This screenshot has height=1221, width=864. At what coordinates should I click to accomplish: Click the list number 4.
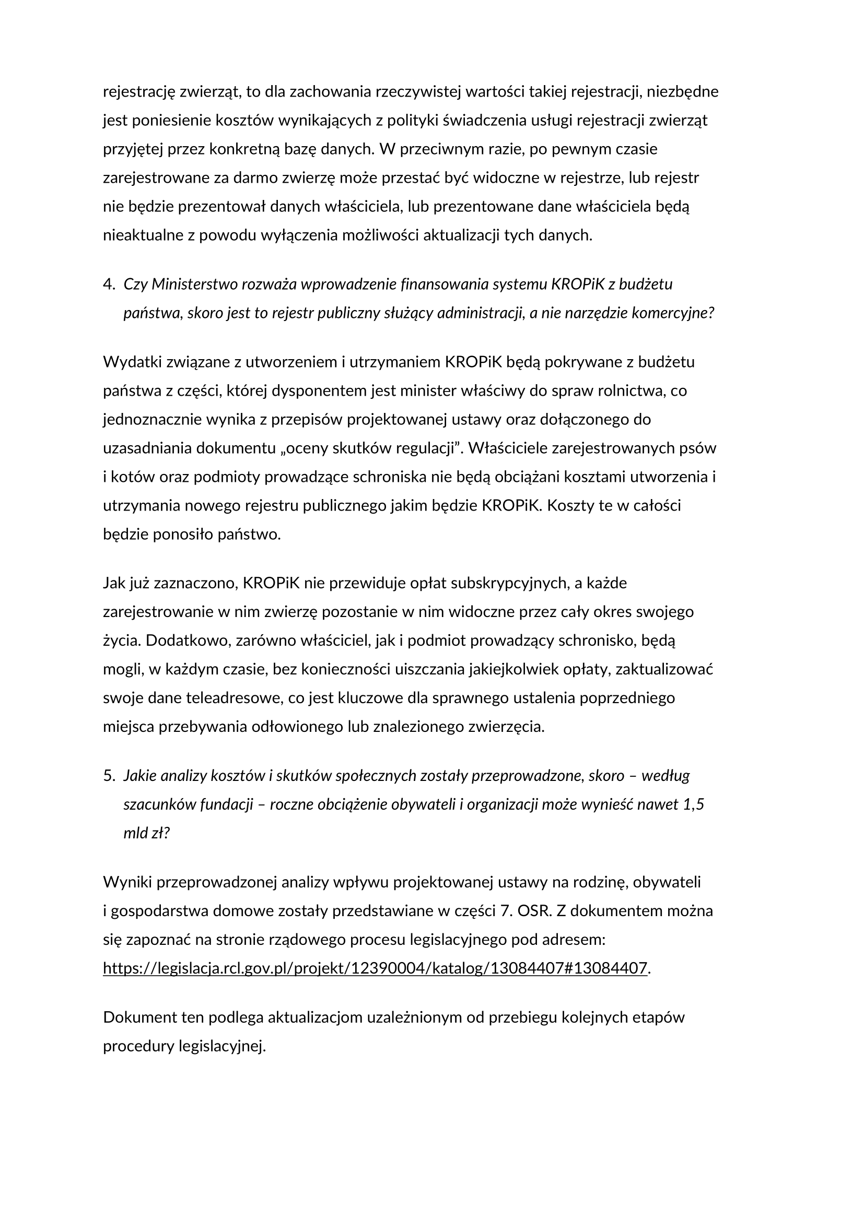(x=108, y=284)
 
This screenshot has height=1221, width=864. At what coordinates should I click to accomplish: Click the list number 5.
(x=108, y=776)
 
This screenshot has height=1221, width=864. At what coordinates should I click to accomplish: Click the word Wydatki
(x=133, y=362)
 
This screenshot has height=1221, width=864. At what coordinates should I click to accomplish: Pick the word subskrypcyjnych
(x=506, y=584)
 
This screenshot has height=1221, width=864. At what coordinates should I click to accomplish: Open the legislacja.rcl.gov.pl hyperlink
(x=375, y=968)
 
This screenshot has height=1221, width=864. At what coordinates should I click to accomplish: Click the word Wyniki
(x=127, y=882)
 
